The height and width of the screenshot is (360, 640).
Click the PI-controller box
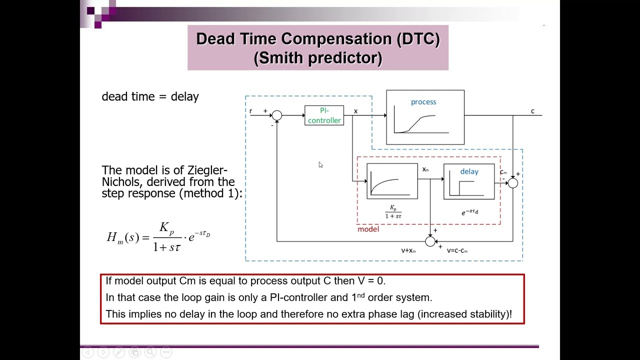(324, 115)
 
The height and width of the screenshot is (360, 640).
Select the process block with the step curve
(425, 117)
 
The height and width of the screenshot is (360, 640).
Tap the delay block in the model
(468, 181)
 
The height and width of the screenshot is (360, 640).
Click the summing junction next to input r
(276, 115)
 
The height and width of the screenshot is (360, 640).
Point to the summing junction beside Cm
(512, 183)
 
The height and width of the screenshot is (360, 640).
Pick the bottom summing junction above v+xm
(430, 241)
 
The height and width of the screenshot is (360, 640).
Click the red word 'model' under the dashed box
(368, 229)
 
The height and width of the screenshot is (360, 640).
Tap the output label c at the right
(532, 111)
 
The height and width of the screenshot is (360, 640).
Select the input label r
(251, 111)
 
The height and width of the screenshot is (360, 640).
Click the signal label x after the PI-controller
(355, 111)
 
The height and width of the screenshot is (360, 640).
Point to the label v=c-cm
(457, 250)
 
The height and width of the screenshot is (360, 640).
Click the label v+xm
(408, 250)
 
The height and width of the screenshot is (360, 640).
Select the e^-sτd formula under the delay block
(469, 212)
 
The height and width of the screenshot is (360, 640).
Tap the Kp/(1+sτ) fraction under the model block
(393, 211)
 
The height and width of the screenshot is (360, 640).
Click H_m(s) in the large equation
(122, 237)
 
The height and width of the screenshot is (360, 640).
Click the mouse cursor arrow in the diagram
(320, 164)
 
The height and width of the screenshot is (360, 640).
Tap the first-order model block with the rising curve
(392, 181)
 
